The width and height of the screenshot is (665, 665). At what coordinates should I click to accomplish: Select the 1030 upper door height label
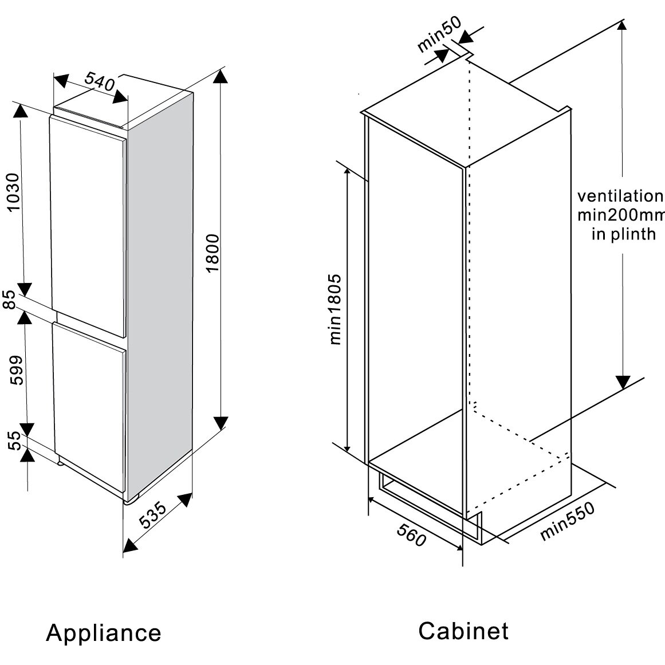click(x=13, y=192)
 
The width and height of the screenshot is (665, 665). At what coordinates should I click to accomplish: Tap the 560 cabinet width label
click(x=412, y=536)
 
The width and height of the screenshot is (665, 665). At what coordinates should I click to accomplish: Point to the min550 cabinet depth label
click(x=568, y=521)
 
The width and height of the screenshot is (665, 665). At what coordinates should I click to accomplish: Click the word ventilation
click(x=619, y=196)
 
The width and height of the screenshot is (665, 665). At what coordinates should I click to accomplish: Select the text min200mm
click(x=621, y=215)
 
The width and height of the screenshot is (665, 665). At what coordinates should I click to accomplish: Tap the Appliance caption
click(x=104, y=633)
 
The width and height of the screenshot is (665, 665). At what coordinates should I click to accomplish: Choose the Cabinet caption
click(x=463, y=631)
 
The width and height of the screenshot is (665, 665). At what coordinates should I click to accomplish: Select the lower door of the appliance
click(x=89, y=401)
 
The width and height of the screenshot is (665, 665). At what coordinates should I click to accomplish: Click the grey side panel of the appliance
click(x=160, y=286)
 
